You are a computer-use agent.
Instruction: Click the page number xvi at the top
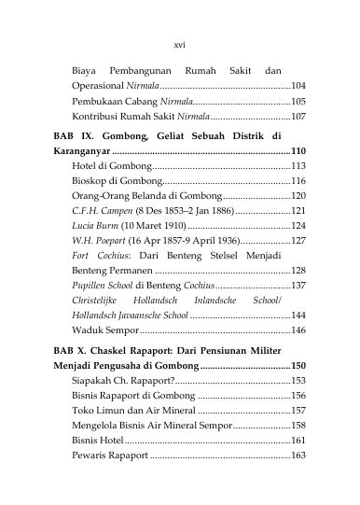pyautogui.click(x=180, y=43)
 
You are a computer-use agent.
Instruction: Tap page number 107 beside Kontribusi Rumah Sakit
pyautogui.click(x=298, y=119)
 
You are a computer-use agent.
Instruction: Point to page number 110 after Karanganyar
pyautogui.click(x=298, y=151)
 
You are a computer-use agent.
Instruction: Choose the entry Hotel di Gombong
pyautogui.click(x=110, y=168)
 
